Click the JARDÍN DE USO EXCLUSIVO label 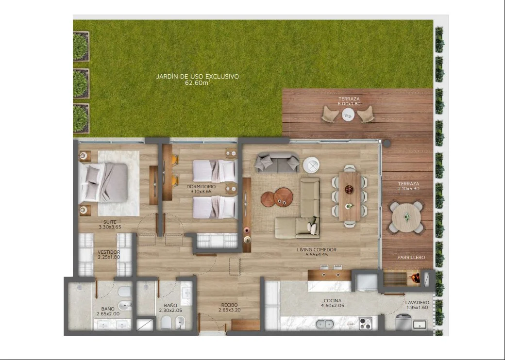coord(198,77)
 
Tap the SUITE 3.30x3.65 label coord(110,224)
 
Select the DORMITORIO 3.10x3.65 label coord(201,189)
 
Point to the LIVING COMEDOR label coord(317,250)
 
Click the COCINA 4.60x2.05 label coord(333,303)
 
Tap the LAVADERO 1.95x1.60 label coord(417,305)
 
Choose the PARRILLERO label coord(411,257)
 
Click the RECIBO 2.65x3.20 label coord(229,307)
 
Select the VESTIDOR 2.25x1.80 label coord(109,255)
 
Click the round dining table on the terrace coord(406,217)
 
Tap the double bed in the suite coord(104,182)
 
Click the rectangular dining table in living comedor coord(350,196)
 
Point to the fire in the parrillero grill coord(416,277)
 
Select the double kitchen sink coord(325,324)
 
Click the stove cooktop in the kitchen coord(366,323)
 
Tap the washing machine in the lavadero coord(403,322)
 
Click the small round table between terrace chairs coord(348,114)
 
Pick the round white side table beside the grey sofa coord(311,165)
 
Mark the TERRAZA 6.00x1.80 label coord(349,101)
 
